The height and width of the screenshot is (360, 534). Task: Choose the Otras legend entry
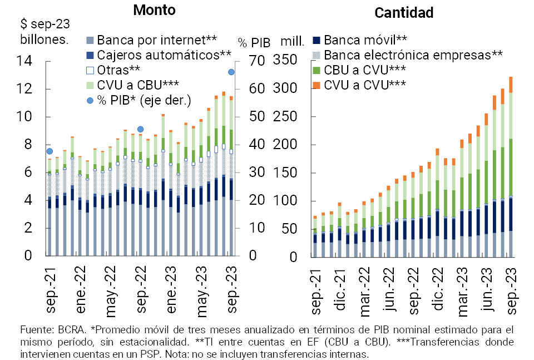(x=118, y=70)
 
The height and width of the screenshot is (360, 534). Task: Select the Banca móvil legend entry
(x=365, y=40)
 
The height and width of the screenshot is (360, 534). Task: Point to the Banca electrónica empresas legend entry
(x=413, y=55)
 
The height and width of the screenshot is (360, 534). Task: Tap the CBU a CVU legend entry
(x=364, y=70)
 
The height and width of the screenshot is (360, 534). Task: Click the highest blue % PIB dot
(x=231, y=72)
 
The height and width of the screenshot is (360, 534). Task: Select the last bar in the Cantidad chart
(x=511, y=167)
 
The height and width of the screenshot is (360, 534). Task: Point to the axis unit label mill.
(x=292, y=41)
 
